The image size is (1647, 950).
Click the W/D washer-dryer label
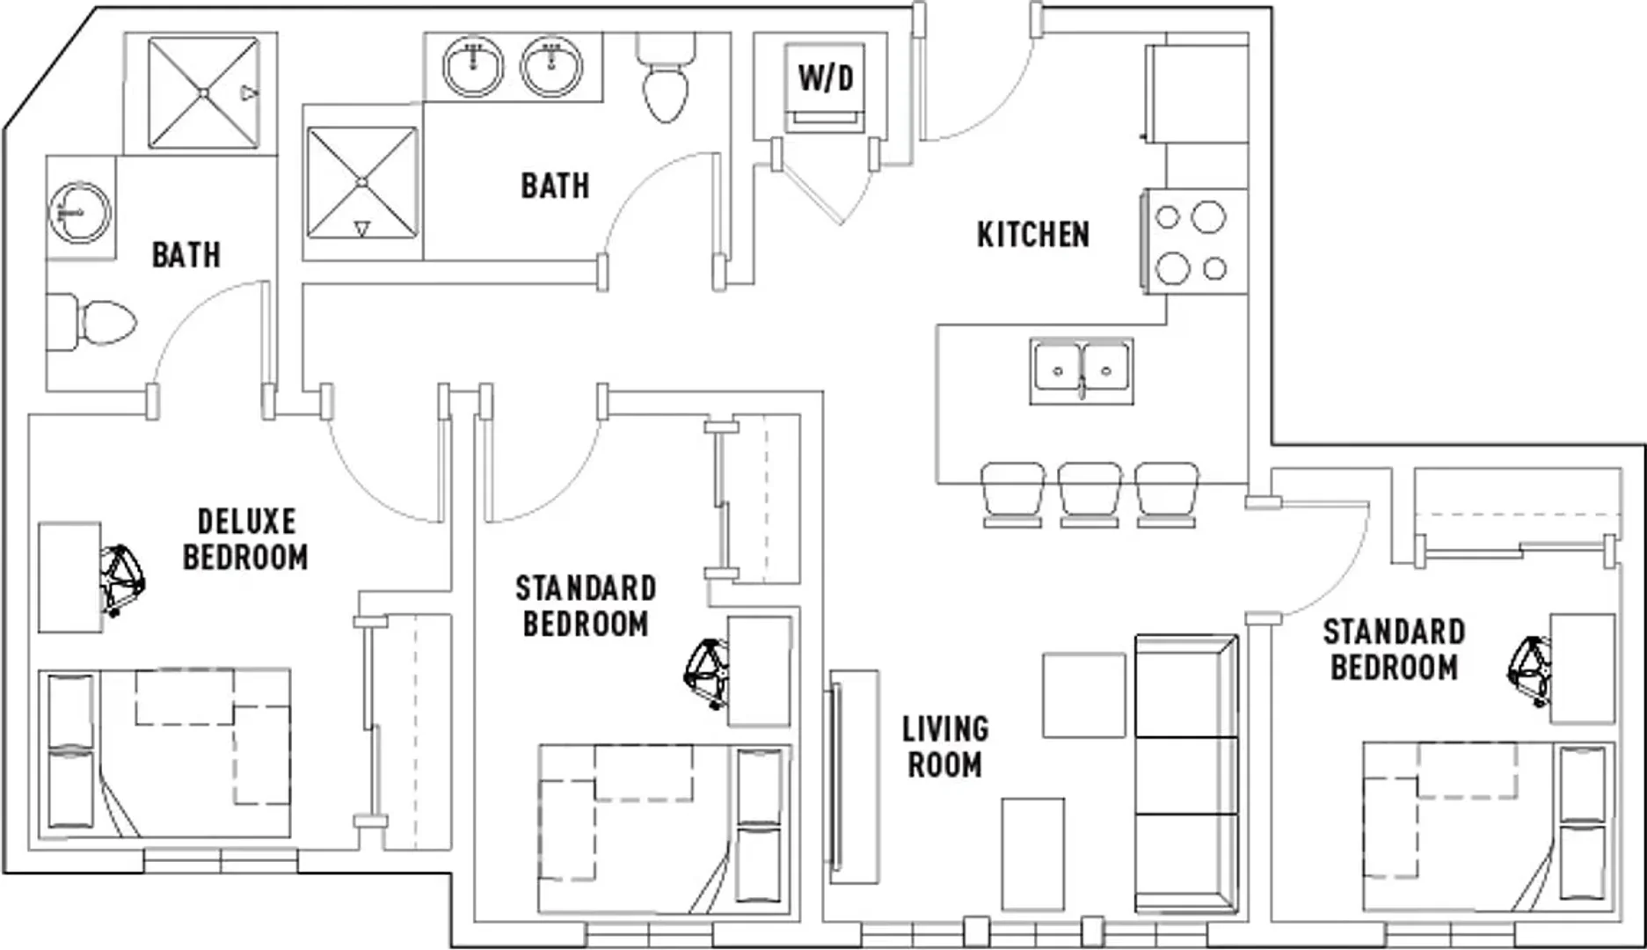coord(826,78)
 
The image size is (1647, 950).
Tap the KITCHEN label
coord(1033,235)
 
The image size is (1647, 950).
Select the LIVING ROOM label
coord(945,747)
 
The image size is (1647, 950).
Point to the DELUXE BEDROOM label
coord(245,539)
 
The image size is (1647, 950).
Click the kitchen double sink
coord(1082,371)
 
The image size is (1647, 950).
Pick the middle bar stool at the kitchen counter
coord(1089,494)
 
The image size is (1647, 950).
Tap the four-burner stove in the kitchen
coord(1194,241)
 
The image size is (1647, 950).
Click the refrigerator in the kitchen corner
coord(1196,94)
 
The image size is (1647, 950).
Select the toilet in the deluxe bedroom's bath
coord(91,323)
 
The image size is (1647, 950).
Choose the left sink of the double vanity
coord(473,67)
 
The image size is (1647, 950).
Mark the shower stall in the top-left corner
coord(203,92)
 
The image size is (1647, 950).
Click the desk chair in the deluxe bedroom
coord(121,578)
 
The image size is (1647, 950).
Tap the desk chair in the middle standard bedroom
coord(708,673)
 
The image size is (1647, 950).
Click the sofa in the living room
coord(1187,773)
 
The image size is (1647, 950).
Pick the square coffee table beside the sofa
coord(1084,695)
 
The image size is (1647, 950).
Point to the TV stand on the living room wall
coord(854,777)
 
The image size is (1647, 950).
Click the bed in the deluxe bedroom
coord(164,753)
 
